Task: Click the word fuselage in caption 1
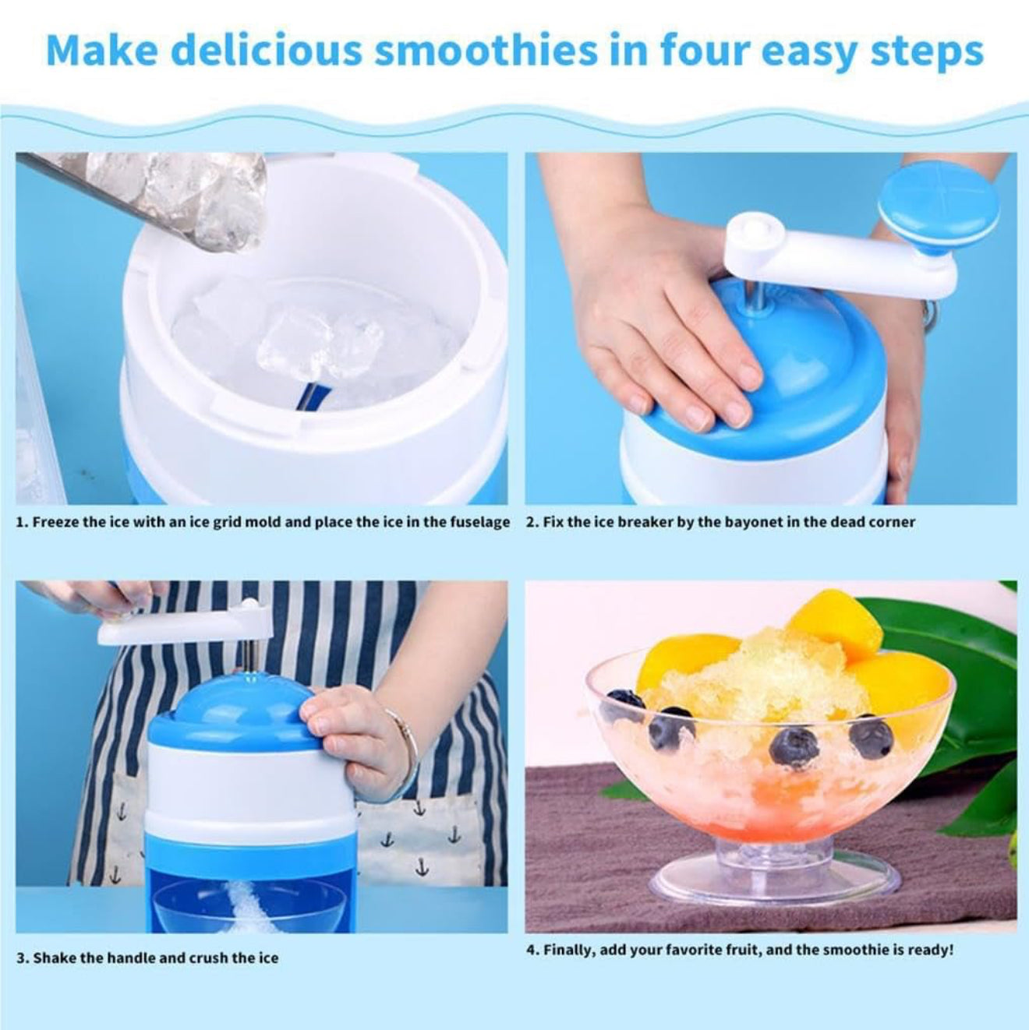click(480, 522)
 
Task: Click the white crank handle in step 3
click(179, 623)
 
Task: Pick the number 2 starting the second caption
click(530, 522)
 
